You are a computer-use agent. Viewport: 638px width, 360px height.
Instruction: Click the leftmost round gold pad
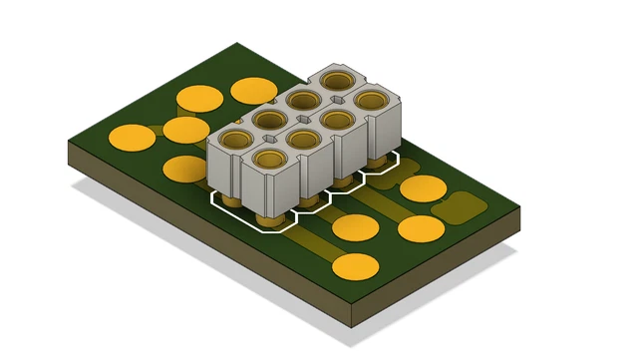coord(132,137)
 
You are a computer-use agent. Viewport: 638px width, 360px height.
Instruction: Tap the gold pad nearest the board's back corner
coord(254,91)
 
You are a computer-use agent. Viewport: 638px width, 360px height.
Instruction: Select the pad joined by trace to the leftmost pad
coord(185,130)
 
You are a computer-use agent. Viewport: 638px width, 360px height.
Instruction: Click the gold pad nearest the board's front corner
coord(355,266)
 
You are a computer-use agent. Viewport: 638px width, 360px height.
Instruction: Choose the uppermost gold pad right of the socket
coord(423,188)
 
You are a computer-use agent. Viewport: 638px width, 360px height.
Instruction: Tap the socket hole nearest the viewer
coord(270,159)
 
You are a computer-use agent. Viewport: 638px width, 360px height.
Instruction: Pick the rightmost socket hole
coord(369,100)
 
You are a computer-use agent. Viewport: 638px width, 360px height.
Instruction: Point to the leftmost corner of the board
coord(68,142)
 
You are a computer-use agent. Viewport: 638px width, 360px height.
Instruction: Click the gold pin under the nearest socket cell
coord(268,215)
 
